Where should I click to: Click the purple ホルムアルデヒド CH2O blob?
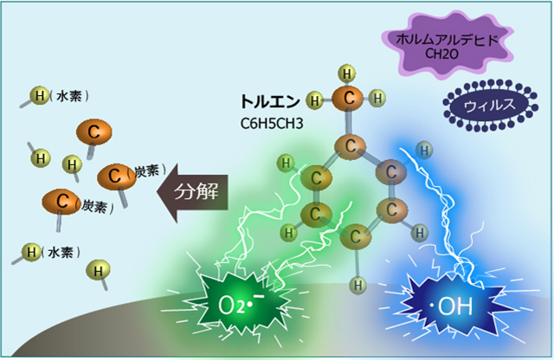441,48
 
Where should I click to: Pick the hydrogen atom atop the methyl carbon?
347,72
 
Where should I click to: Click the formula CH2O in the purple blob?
441,55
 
